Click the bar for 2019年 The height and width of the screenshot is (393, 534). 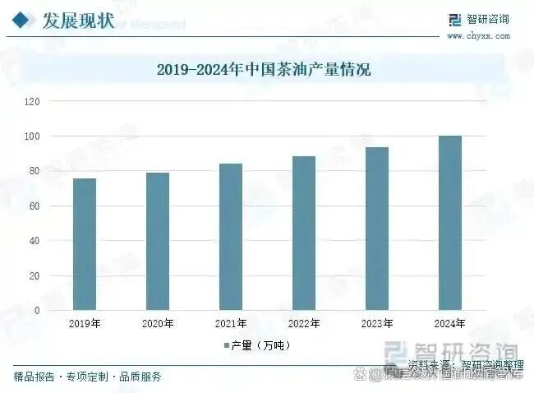(85, 244)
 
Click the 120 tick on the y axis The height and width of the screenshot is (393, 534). (33, 101)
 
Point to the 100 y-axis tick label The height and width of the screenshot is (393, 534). (33, 136)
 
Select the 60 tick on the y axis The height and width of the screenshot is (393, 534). (35, 206)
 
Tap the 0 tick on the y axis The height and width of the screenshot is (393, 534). (37, 311)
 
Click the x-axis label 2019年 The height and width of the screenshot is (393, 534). (85, 324)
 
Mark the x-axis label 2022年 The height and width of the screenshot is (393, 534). (304, 324)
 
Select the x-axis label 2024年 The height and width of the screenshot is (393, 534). (450, 324)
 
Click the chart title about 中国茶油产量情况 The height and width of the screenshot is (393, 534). (264, 70)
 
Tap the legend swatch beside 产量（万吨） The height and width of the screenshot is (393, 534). (225, 345)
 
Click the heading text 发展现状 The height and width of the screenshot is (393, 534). (78, 19)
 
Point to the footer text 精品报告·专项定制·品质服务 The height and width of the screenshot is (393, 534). (87, 377)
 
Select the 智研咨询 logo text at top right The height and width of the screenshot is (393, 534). (489, 20)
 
